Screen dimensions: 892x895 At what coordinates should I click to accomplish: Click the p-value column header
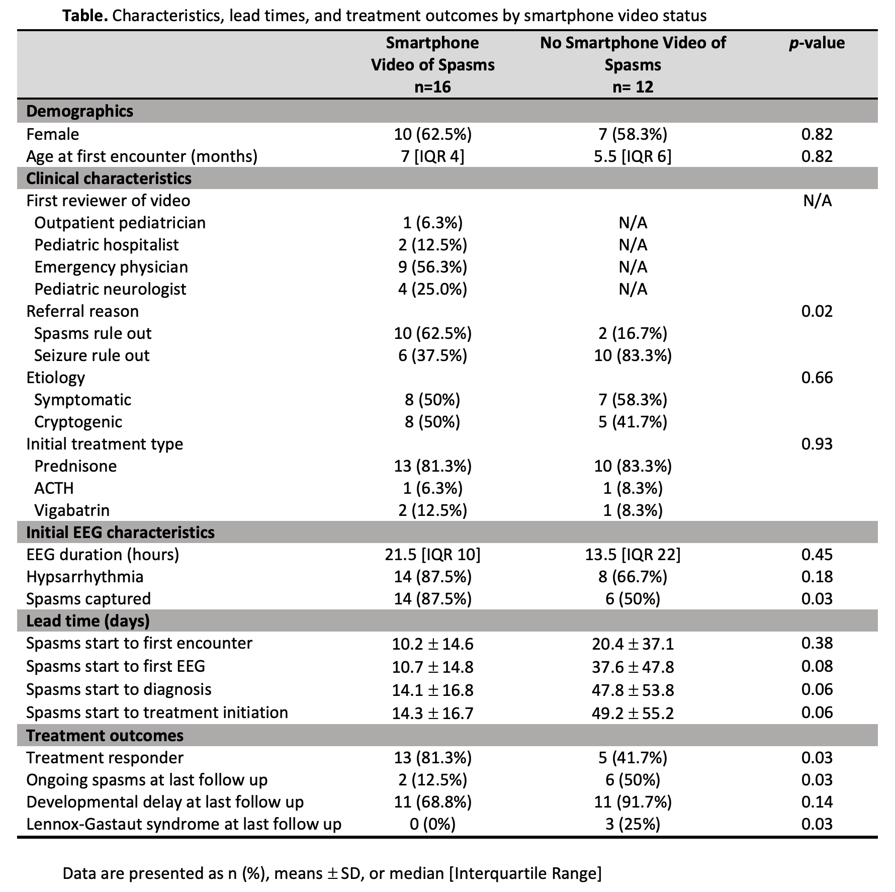click(x=817, y=43)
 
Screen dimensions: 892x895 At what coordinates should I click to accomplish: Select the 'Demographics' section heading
click(x=79, y=111)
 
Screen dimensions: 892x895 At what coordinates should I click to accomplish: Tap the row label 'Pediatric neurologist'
click(x=110, y=289)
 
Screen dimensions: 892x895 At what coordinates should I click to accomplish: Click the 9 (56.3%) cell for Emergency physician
click(x=432, y=267)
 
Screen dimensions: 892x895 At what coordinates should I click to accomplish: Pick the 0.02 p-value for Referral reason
click(x=817, y=311)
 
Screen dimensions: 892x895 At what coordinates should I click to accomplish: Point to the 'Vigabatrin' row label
click(x=72, y=510)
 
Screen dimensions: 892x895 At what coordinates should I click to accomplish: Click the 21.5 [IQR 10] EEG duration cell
click(x=432, y=555)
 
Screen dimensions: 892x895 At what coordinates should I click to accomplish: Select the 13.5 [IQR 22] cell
click(x=633, y=555)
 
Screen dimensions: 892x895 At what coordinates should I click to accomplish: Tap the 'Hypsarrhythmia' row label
click(x=84, y=577)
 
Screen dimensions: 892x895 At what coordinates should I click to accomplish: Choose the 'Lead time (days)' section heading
click(x=88, y=621)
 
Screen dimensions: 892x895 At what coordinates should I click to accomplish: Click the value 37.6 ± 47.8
click(x=633, y=667)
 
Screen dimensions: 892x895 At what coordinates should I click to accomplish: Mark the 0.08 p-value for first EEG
click(x=817, y=667)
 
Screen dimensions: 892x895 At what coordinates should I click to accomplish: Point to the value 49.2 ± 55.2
click(x=633, y=713)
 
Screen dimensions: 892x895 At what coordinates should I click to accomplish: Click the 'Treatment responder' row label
click(x=105, y=758)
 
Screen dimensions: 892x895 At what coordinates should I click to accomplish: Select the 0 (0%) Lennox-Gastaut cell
click(x=432, y=824)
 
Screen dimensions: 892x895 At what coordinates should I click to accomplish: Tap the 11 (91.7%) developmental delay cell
click(x=633, y=802)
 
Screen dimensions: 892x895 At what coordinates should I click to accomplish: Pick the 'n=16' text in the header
click(x=432, y=87)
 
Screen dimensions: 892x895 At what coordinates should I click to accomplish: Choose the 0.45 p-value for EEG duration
click(x=817, y=555)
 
